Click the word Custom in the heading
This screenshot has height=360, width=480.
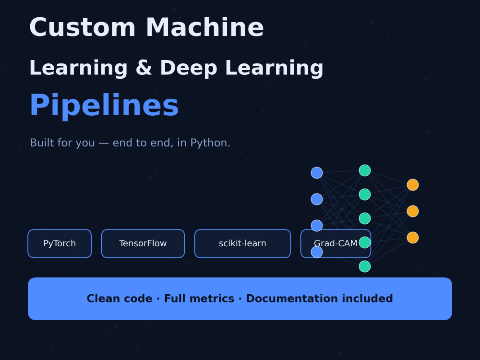click(83, 27)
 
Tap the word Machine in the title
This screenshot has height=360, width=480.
click(205, 27)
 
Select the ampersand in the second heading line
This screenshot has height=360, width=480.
click(144, 68)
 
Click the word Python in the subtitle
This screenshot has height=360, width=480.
click(210, 143)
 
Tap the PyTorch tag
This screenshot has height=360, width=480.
click(60, 244)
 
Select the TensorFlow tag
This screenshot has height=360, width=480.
click(143, 244)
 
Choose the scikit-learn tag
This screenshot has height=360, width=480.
click(242, 244)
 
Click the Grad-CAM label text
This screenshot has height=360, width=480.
click(336, 243)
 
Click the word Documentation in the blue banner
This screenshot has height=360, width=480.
click(319, 299)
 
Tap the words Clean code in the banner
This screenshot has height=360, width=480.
click(120, 299)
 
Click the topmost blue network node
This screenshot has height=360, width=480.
click(317, 173)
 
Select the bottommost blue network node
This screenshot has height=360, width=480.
click(317, 252)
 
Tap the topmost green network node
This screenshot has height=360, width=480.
click(365, 170)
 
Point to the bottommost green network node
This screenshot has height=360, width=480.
click(365, 266)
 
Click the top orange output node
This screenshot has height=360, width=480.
click(413, 185)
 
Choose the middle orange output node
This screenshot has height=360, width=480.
click(413, 211)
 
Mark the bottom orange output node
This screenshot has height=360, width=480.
click(413, 238)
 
